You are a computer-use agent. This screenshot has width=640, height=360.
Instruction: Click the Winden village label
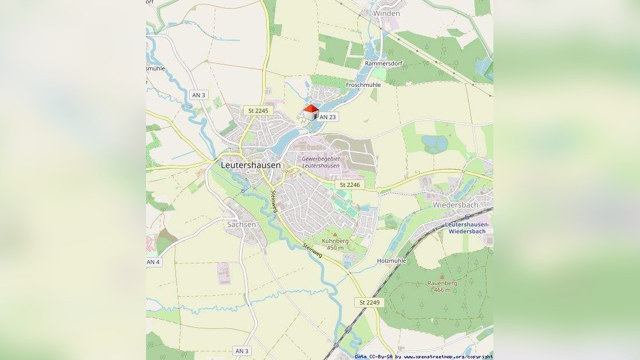pos(386,13)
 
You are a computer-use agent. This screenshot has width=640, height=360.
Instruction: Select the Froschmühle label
pos(363,85)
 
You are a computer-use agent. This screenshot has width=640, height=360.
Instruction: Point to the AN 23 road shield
pos(327,117)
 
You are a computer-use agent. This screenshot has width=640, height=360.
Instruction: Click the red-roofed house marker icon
pos(311,112)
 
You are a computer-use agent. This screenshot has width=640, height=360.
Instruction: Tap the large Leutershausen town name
pos(251,165)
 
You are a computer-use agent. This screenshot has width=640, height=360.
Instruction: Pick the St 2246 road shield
pos(350,185)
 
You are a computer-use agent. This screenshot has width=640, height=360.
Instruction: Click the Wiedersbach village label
pos(455,205)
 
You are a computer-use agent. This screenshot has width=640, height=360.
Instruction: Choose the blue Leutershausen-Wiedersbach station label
pos(467,228)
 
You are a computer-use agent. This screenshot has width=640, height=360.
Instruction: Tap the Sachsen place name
pos(242,224)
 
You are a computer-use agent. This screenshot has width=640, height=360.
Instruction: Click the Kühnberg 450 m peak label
pos(335,244)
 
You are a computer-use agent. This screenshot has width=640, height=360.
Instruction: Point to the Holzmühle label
pos(392,261)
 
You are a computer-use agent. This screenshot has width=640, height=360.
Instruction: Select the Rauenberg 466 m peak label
pos(442,286)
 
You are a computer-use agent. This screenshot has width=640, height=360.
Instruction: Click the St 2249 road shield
pos(370,302)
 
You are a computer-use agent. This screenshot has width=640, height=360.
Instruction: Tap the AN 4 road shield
pos(153,262)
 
